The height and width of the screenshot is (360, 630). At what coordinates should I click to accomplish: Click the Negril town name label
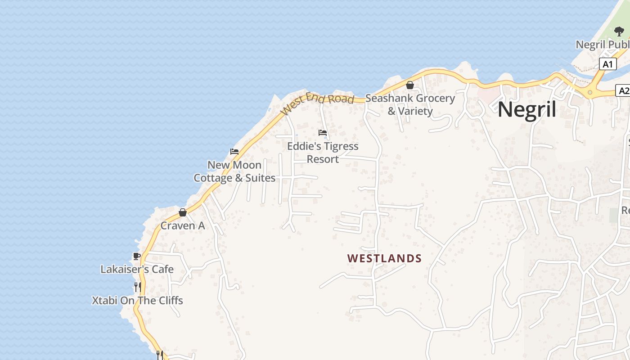coord(527,109)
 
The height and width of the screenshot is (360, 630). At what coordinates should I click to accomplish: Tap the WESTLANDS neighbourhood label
coord(384,258)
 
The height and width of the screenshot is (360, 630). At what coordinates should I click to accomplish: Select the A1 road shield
coord(607,64)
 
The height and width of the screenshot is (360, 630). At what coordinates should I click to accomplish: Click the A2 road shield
coord(623,91)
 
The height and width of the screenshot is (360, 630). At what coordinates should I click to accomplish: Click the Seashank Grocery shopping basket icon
coord(410,85)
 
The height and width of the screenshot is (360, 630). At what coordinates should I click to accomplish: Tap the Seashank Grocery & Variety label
coord(410,104)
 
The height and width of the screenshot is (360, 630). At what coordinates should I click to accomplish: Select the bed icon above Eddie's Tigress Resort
coord(323,133)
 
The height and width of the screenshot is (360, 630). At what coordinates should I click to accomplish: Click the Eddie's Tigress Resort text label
coord(323,153)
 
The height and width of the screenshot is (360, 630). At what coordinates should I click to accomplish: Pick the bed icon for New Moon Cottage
coord(234,152)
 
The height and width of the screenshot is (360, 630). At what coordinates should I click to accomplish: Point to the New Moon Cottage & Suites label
coord(234,171)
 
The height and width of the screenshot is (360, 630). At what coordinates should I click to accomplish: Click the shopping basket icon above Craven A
coord(183,212)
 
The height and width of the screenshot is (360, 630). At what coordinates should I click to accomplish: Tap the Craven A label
coord(183,226)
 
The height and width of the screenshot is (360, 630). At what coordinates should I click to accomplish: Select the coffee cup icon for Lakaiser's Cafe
coord(137,256)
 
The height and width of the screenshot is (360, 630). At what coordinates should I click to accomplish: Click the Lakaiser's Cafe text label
coord(137,270)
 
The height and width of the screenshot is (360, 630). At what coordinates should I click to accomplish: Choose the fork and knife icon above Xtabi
coord(138,287)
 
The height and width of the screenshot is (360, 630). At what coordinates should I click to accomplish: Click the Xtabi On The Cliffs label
coord(138,301)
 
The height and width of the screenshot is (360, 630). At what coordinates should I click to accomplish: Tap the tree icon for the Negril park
coord(619,31)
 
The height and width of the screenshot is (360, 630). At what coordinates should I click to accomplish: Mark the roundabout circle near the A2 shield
coord(590,92)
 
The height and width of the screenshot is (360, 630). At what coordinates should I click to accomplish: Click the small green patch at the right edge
coord(614,215)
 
